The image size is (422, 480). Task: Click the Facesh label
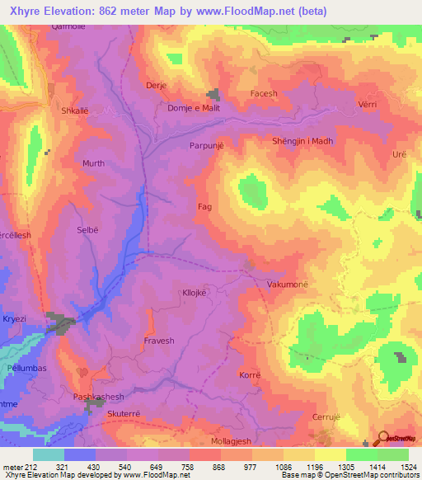click(x=264, y=94)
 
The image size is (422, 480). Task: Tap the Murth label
click(x=93, y=163)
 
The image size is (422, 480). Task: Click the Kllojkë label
click(x=198, y=293)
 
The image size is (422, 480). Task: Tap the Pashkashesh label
click(x=98, y=397)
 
